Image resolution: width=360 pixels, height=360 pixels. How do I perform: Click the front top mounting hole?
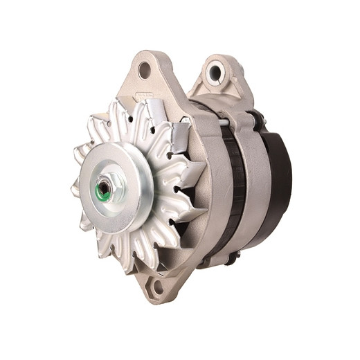(145, 69)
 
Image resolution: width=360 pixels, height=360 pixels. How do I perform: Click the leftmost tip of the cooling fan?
(73, 187)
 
